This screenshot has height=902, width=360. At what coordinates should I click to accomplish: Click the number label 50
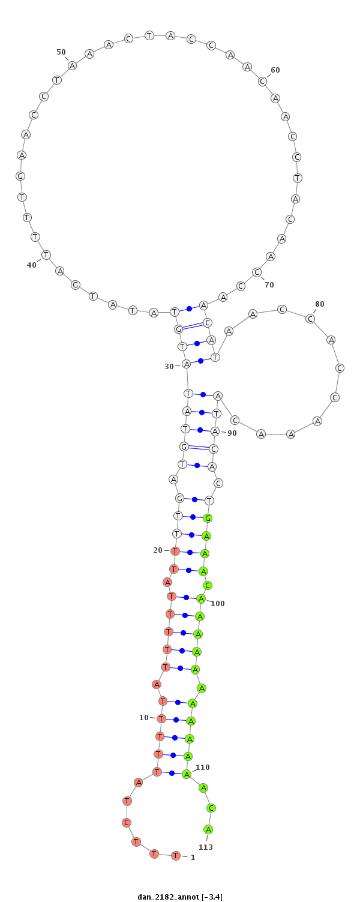(x=61, y=52)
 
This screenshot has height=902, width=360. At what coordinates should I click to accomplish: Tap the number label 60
(x=275, y=70)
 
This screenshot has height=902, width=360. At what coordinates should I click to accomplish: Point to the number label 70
(x=269, y=285)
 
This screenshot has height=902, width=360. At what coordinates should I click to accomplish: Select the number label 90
(x=232, y=433)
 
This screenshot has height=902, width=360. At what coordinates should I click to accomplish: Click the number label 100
(x=217, y=603)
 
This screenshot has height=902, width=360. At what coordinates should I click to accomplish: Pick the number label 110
(x=203, y=767)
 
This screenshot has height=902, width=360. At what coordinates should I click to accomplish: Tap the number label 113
(x=205, y=847)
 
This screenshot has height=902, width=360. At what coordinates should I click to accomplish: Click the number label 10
(x=144, y=717)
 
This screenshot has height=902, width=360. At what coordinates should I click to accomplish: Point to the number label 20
(x=157, y=550)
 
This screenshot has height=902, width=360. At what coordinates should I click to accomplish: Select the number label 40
(x=31, y=265)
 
